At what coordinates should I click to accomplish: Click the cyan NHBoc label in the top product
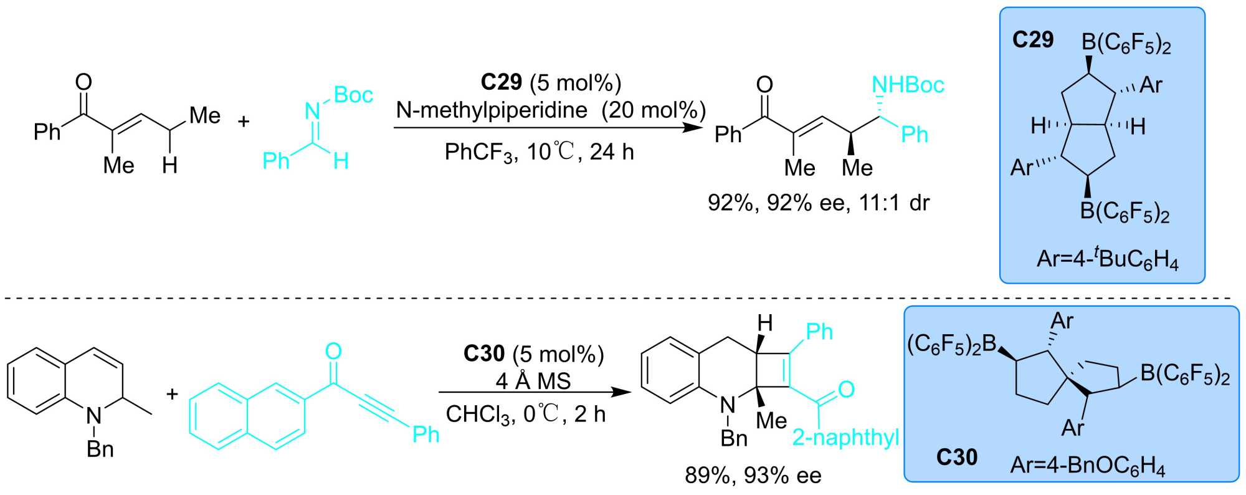[908, 85]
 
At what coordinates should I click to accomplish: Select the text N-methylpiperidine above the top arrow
[492, 110]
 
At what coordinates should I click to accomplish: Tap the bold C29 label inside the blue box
[1032, 40]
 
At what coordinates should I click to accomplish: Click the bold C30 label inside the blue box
[956, 458]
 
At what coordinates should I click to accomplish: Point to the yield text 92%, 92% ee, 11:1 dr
[818, 203]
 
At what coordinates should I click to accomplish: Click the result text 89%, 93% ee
[753, 476]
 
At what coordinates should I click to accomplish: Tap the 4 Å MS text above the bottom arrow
[533, 381]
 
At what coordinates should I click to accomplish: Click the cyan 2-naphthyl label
[845, 438]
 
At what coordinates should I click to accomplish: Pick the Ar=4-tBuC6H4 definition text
[1107, 259]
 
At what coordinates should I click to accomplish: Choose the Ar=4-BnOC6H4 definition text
[1087, 466]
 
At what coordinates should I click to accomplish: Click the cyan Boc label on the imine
[353, 95]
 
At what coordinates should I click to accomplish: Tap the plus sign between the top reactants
[244, 121]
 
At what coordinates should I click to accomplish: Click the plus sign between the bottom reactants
[172, 394]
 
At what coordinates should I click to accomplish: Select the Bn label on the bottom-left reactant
[100, 449]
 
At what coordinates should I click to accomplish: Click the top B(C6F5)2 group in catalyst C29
[1126, 44]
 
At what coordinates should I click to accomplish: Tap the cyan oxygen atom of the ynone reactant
[333, 352]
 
